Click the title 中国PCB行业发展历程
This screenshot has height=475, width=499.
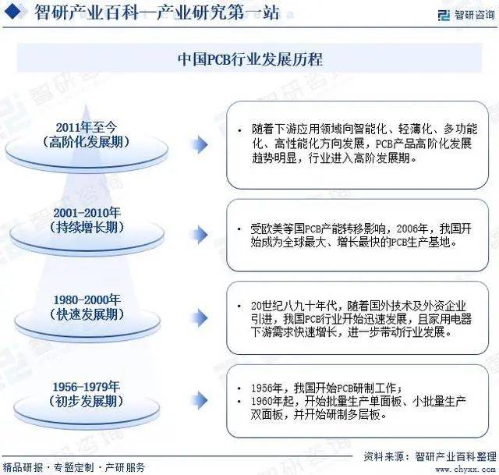coord(249,59)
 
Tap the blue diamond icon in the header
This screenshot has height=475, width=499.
coord(12,12)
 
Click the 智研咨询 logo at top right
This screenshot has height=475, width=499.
coord(466,15)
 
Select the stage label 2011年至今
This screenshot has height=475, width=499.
coord(87,127)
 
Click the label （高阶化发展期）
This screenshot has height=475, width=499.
coord(87,142)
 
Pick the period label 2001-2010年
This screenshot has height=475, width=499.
coord(87,213)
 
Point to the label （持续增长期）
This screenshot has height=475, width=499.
coord(87,227)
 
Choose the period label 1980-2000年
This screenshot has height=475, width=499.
coord(87,300)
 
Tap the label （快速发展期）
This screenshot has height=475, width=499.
coord(87,314)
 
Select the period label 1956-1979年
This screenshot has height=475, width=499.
coord(87,387)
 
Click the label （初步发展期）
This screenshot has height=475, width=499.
coord(87,401)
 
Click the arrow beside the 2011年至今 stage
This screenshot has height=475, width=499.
coord(200,144)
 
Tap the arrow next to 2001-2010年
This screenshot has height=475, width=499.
coord(200,235)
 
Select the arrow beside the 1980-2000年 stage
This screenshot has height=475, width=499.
coord(200,317)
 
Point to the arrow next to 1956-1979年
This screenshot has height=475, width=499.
coord(200,400)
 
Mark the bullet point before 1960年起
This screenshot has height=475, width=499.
coord(239,401)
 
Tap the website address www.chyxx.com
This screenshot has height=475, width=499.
coord(465,470)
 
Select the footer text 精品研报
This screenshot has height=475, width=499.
coord(23,467)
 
